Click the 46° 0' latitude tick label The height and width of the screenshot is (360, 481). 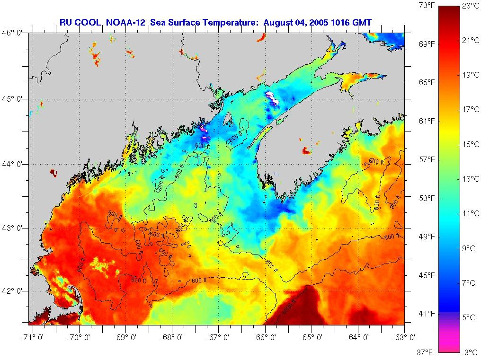click(13, 33)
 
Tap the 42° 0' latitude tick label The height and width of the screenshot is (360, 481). click(13, 291)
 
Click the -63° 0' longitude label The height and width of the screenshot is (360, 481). click(405, 337)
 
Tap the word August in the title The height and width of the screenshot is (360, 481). click(279, 22)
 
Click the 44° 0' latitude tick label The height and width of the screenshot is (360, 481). click(13, 164)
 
